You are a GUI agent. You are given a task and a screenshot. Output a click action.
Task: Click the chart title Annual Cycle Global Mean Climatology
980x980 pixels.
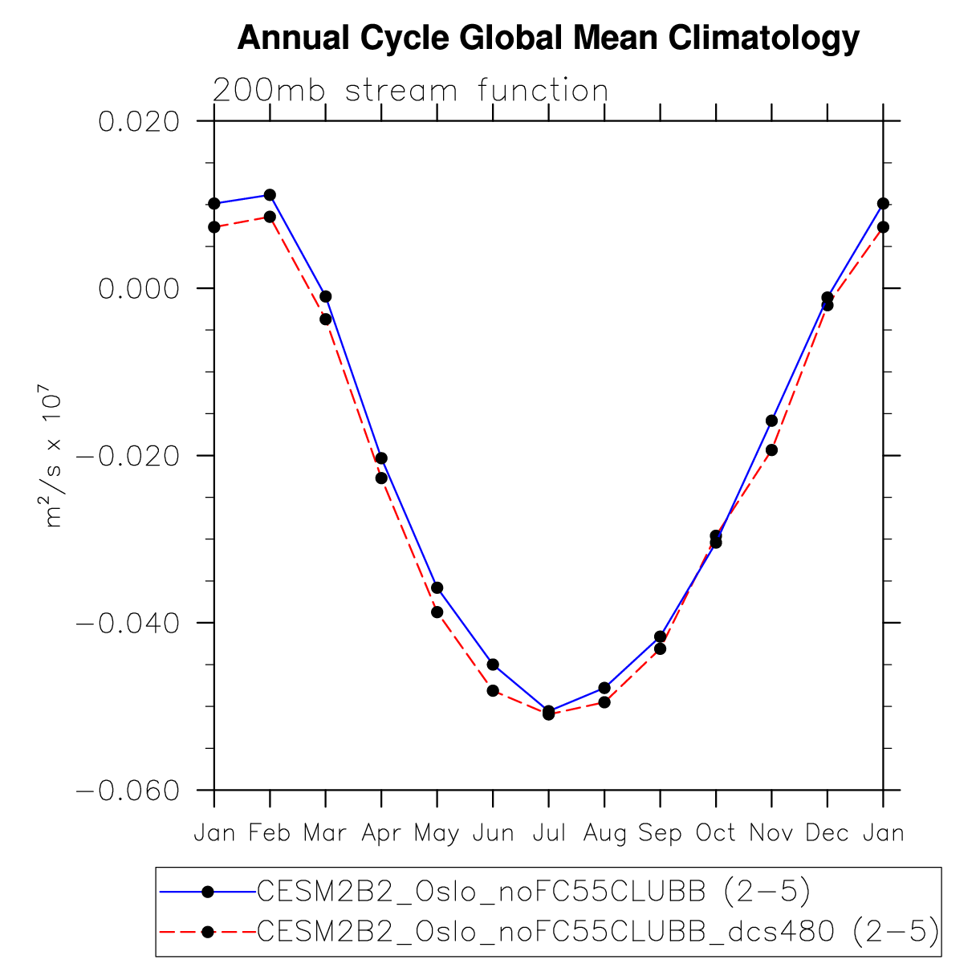tap(548, 38)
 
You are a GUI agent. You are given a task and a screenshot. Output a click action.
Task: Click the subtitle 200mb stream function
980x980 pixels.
tap(410, 91)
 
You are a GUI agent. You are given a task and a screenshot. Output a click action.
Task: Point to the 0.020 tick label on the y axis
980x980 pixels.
tap(138, 122)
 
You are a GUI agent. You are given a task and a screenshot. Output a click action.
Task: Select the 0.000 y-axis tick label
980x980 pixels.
tap(138, 289)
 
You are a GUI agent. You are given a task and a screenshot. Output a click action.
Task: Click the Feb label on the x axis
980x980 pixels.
tap(270, 833)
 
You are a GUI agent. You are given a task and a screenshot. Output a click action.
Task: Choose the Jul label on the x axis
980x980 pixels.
tap(549, 833)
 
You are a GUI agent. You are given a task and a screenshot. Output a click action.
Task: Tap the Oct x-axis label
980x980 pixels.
tap(715, 833)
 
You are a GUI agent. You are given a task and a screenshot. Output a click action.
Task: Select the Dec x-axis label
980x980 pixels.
tap(827, 833)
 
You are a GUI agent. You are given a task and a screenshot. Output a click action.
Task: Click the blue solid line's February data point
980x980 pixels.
tap(270, 195)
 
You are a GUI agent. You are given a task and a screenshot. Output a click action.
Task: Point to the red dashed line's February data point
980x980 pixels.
tap(270, 217)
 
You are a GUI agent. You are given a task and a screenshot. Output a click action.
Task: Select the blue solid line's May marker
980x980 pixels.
tap(437, 588)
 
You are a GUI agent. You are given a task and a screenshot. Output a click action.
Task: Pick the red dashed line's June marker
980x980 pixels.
tap(493, 690)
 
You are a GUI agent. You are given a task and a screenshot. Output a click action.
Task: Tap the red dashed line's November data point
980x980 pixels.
tap(771, 449)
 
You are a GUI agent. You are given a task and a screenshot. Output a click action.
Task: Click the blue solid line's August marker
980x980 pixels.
tap(604, 688)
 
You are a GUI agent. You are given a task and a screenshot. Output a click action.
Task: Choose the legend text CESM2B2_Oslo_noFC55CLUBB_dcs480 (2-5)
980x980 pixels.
tap(597, 932)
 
